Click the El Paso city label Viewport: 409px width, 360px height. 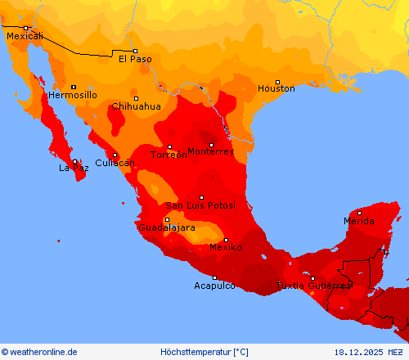coord(135,59)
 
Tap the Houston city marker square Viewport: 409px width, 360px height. coord(277,81)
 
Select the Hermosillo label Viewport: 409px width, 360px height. coord(73,95)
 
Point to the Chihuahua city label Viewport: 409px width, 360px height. coord(136,106)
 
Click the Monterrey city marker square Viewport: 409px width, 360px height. coord(212,145)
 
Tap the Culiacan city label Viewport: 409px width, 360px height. coord(113,163)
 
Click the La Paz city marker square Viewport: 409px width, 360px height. coord(74,161)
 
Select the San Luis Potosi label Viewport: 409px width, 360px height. coord(200,205)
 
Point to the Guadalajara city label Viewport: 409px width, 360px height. coord(167,227)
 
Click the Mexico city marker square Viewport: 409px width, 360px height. coord(227,240)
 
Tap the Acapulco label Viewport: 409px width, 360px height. coord(214,286)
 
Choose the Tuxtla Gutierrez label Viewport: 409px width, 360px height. coord(313,286)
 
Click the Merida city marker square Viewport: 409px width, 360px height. coord(359,213)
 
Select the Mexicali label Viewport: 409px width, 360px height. coord(25,36)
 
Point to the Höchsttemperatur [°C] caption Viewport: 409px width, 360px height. coord(204,352)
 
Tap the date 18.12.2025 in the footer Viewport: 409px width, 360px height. coord(357,352)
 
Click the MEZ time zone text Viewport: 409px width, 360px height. coord(397,352)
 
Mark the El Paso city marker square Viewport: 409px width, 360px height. coord(135,51)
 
